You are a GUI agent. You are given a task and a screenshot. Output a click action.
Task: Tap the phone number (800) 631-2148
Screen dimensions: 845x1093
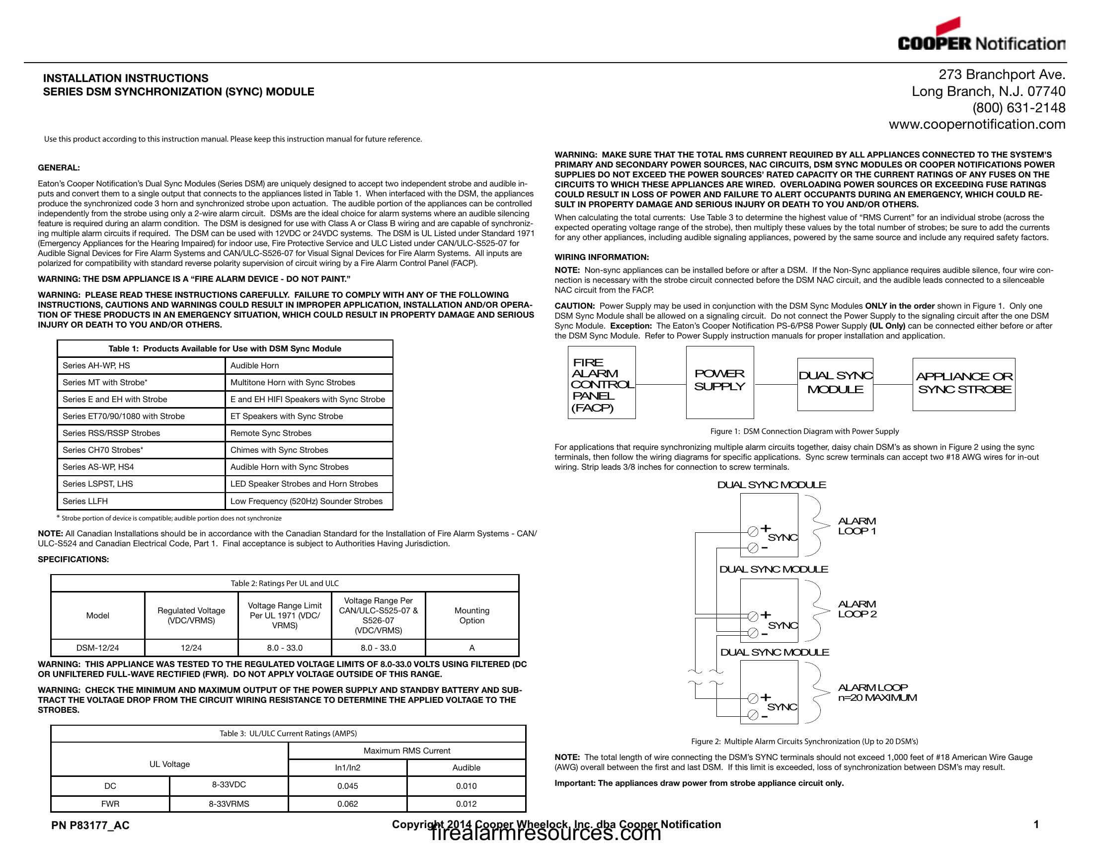(1018, 108)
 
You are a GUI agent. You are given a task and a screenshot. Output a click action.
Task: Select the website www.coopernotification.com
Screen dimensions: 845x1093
(977, 124)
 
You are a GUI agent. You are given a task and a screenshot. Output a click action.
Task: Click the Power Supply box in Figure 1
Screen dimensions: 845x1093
(720, 382)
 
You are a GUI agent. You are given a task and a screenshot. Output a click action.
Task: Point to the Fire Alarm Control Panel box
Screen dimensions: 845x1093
(602, 382)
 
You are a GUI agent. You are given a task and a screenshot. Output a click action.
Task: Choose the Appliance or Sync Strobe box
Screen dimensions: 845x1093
(963, 384)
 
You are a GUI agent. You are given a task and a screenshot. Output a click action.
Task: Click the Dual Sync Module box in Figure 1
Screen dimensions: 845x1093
(835, 384)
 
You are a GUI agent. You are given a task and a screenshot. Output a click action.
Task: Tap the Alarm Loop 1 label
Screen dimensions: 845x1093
(857, 526)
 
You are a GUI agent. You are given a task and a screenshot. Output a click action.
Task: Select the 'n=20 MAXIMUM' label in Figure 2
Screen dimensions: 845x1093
(877, 698)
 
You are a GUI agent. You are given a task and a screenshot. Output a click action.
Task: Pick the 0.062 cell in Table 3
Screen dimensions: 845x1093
(347, 804)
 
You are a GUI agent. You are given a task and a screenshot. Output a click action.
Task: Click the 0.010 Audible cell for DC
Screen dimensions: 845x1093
(466, 786)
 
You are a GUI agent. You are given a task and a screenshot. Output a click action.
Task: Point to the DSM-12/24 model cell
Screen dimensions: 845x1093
(97, 648)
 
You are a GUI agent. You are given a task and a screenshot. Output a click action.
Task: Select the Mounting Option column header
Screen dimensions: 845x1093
(471, 615)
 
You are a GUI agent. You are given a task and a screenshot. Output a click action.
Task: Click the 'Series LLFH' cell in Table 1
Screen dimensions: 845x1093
(85, 501)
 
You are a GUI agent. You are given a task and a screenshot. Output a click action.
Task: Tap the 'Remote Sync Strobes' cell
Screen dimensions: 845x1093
(271, 433)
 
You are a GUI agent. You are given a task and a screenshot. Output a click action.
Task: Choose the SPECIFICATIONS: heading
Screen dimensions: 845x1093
(73, 559)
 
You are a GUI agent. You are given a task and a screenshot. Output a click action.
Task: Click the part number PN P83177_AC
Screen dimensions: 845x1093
(90, 826)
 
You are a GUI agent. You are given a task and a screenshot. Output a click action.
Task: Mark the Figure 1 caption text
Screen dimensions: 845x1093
(804, 431)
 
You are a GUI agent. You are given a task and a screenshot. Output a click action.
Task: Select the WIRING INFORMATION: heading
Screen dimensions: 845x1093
(602, 257)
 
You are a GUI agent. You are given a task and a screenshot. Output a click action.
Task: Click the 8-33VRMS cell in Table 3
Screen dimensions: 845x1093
(229, 804)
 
